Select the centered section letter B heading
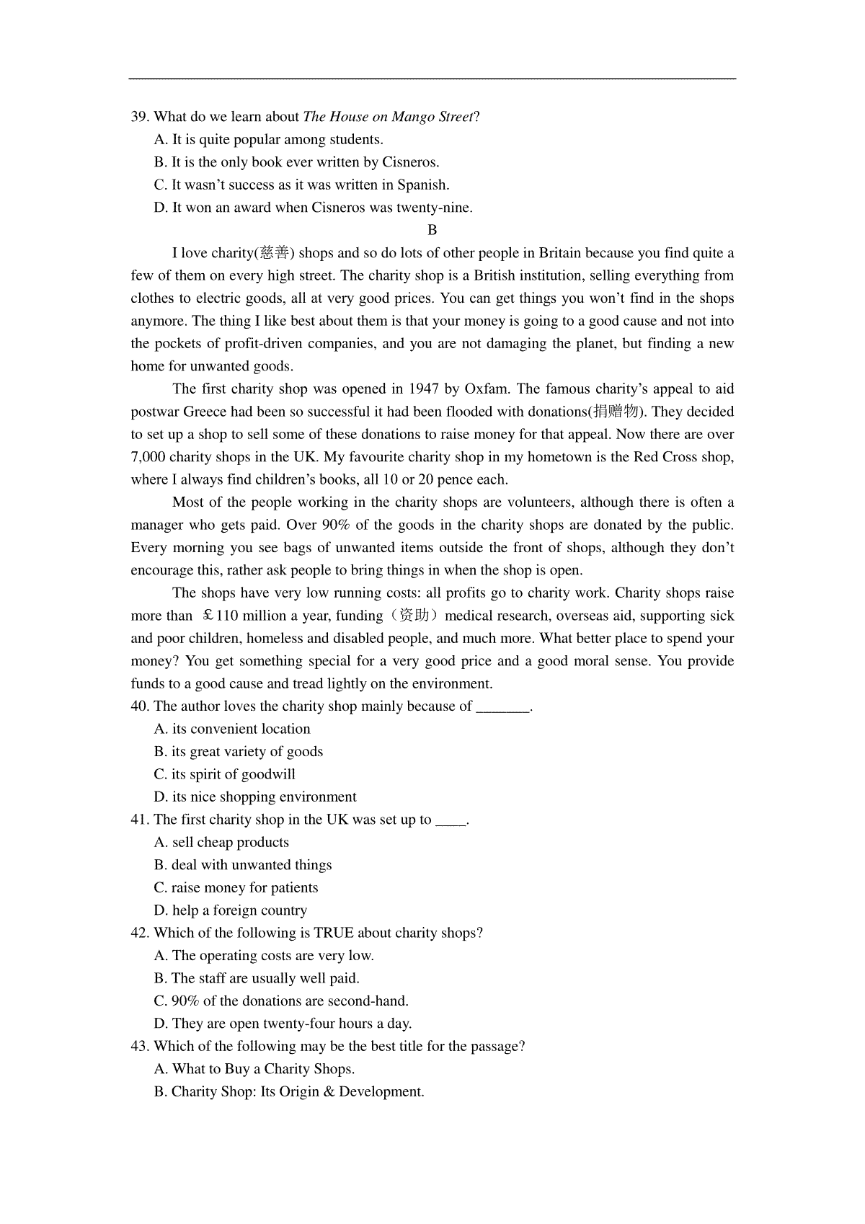coord(432,231)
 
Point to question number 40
coord(140,706)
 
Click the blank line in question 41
coord(451,820)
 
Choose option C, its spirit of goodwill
coord(225,775)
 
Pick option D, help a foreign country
coord(230,910)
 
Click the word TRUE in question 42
coord(334,933)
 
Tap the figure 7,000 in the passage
coord(148,457)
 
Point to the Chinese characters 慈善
coord(275,253)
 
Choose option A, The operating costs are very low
coord(264,956)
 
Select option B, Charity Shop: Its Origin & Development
coord(289,1092)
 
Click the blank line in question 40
coord(503,707)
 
